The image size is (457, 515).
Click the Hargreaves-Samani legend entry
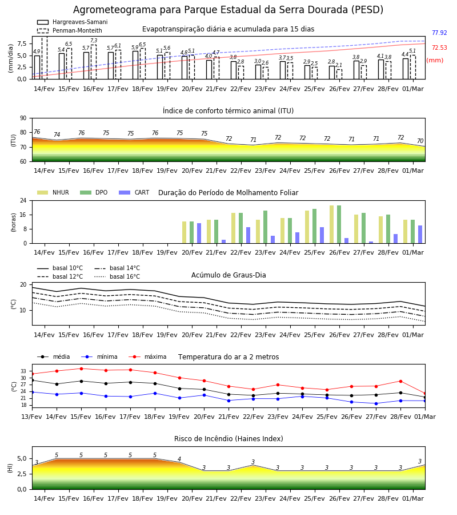pyautogui.click(x=73, y=22)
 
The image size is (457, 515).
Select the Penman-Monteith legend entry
pyautogui.click(x=70, y=30)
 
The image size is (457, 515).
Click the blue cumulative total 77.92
pyautogui.click(x=439, y=33)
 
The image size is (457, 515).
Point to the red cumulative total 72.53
pyautogui.click(x=439, y=47)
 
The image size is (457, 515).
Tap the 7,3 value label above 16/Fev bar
pyautogui.click(x=94, y=41)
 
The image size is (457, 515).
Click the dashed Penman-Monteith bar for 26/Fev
pyautogui.click(x=339, y=74)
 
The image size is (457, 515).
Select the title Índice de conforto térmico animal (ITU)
pyautogui.click(x=228, y=110)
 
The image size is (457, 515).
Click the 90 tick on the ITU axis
pyautogui.click(x=23, y=118)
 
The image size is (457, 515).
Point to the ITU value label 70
pyautogui.click(x=420, y=141)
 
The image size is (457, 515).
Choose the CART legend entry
pyautogui.click(x=134, y=192)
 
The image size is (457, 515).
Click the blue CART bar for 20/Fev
pyautogui.click(x=199, y=233)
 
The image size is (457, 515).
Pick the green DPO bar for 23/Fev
pyautogui.click(x=265, y=227)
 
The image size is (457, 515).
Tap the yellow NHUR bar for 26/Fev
pyautogui.click(x=331, y=224)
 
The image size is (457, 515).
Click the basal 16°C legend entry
pyautogui.click(x=117, y=276)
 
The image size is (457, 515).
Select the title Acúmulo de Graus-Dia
pyautogui.click(x=228, y=275)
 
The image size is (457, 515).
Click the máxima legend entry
pyautogui.click(x=148, y=356)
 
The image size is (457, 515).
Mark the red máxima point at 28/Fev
pyautogui.click(x=400, y=381)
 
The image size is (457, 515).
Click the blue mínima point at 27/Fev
pyautogui.click(x=376, y=403)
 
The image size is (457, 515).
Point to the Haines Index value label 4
pyautogui.click(x=179, y=459)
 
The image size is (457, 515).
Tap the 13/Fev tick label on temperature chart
pyautogui.click(x=32, y=417)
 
